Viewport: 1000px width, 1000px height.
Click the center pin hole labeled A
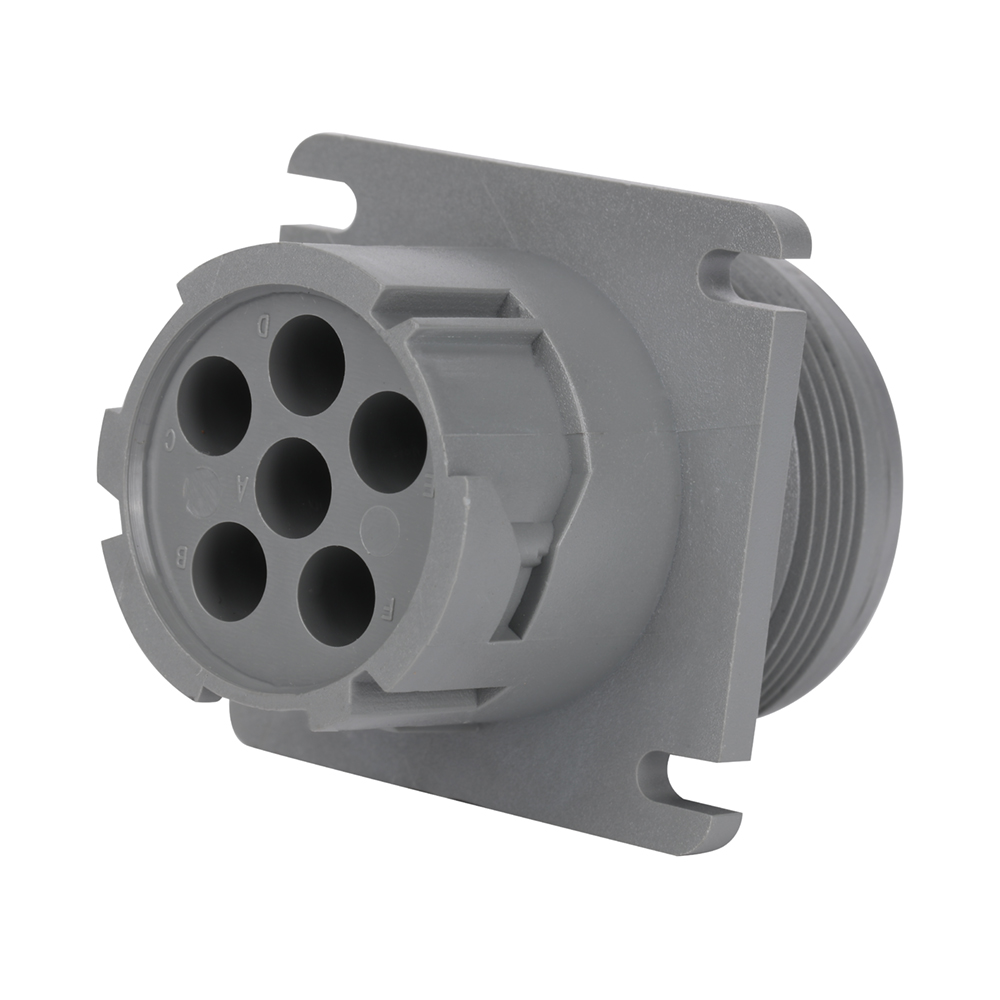(293, 487)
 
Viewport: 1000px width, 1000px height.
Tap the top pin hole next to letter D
(307, 364)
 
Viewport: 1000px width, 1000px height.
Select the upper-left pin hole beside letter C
(214, 405)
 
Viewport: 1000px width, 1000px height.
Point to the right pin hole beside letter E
(388, 441)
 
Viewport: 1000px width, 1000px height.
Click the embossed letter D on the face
(264, 325)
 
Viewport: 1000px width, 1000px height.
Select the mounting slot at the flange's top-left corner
(340, 185)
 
